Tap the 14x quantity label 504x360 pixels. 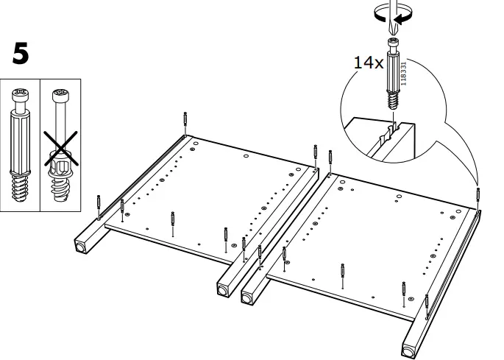pos(367,63)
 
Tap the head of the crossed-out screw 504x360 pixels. pos(58,96)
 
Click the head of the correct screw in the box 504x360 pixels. pos(20,96)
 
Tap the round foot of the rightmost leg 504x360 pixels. pos(408,347)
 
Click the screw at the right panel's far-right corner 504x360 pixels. pos(479,195)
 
